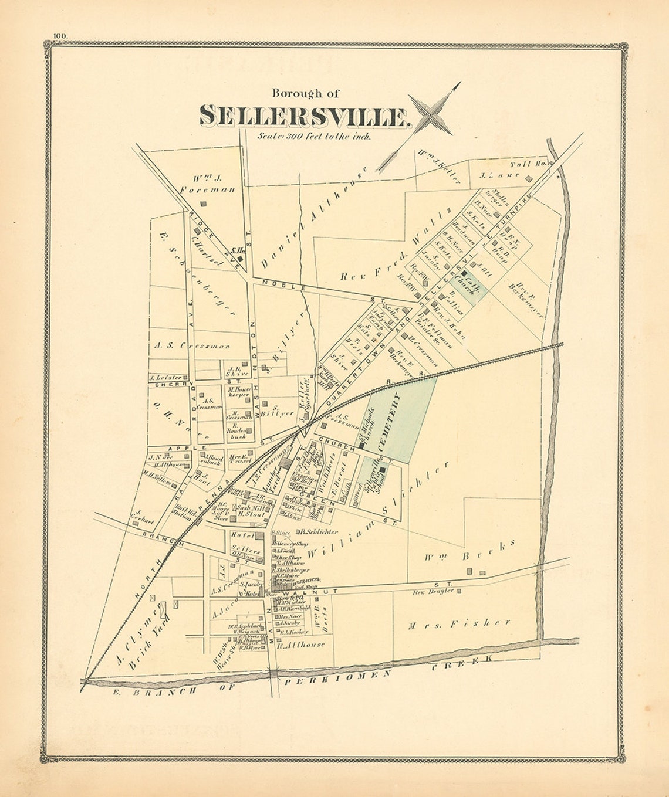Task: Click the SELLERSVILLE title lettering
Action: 304,116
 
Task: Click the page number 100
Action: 60,36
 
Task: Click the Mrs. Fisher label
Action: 459,625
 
